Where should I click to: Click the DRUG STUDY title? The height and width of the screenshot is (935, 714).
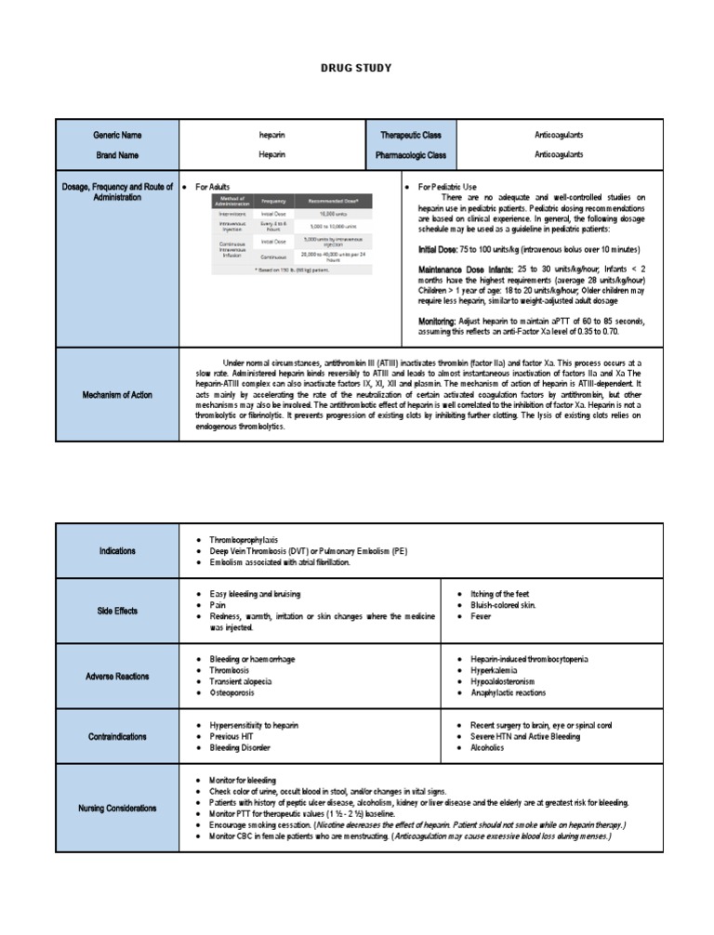356,68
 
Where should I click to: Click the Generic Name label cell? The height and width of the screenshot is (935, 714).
117,136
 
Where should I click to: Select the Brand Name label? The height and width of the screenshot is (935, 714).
117,155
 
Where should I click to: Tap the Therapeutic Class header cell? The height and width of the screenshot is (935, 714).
410,136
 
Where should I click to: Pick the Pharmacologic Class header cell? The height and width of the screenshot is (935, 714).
410,155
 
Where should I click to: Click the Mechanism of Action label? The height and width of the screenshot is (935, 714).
117,395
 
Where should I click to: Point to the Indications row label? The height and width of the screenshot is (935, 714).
117,551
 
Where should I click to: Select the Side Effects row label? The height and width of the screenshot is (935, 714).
117,611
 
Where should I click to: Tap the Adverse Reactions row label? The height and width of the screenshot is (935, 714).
117,677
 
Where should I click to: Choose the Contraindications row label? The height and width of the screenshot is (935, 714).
117,737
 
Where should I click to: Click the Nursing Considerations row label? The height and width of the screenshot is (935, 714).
117,809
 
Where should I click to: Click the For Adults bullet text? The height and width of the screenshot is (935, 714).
212,187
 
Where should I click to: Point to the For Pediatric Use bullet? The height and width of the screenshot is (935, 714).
447,187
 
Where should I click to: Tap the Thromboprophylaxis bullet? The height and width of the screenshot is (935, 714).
244,540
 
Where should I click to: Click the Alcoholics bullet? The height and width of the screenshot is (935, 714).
487,748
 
